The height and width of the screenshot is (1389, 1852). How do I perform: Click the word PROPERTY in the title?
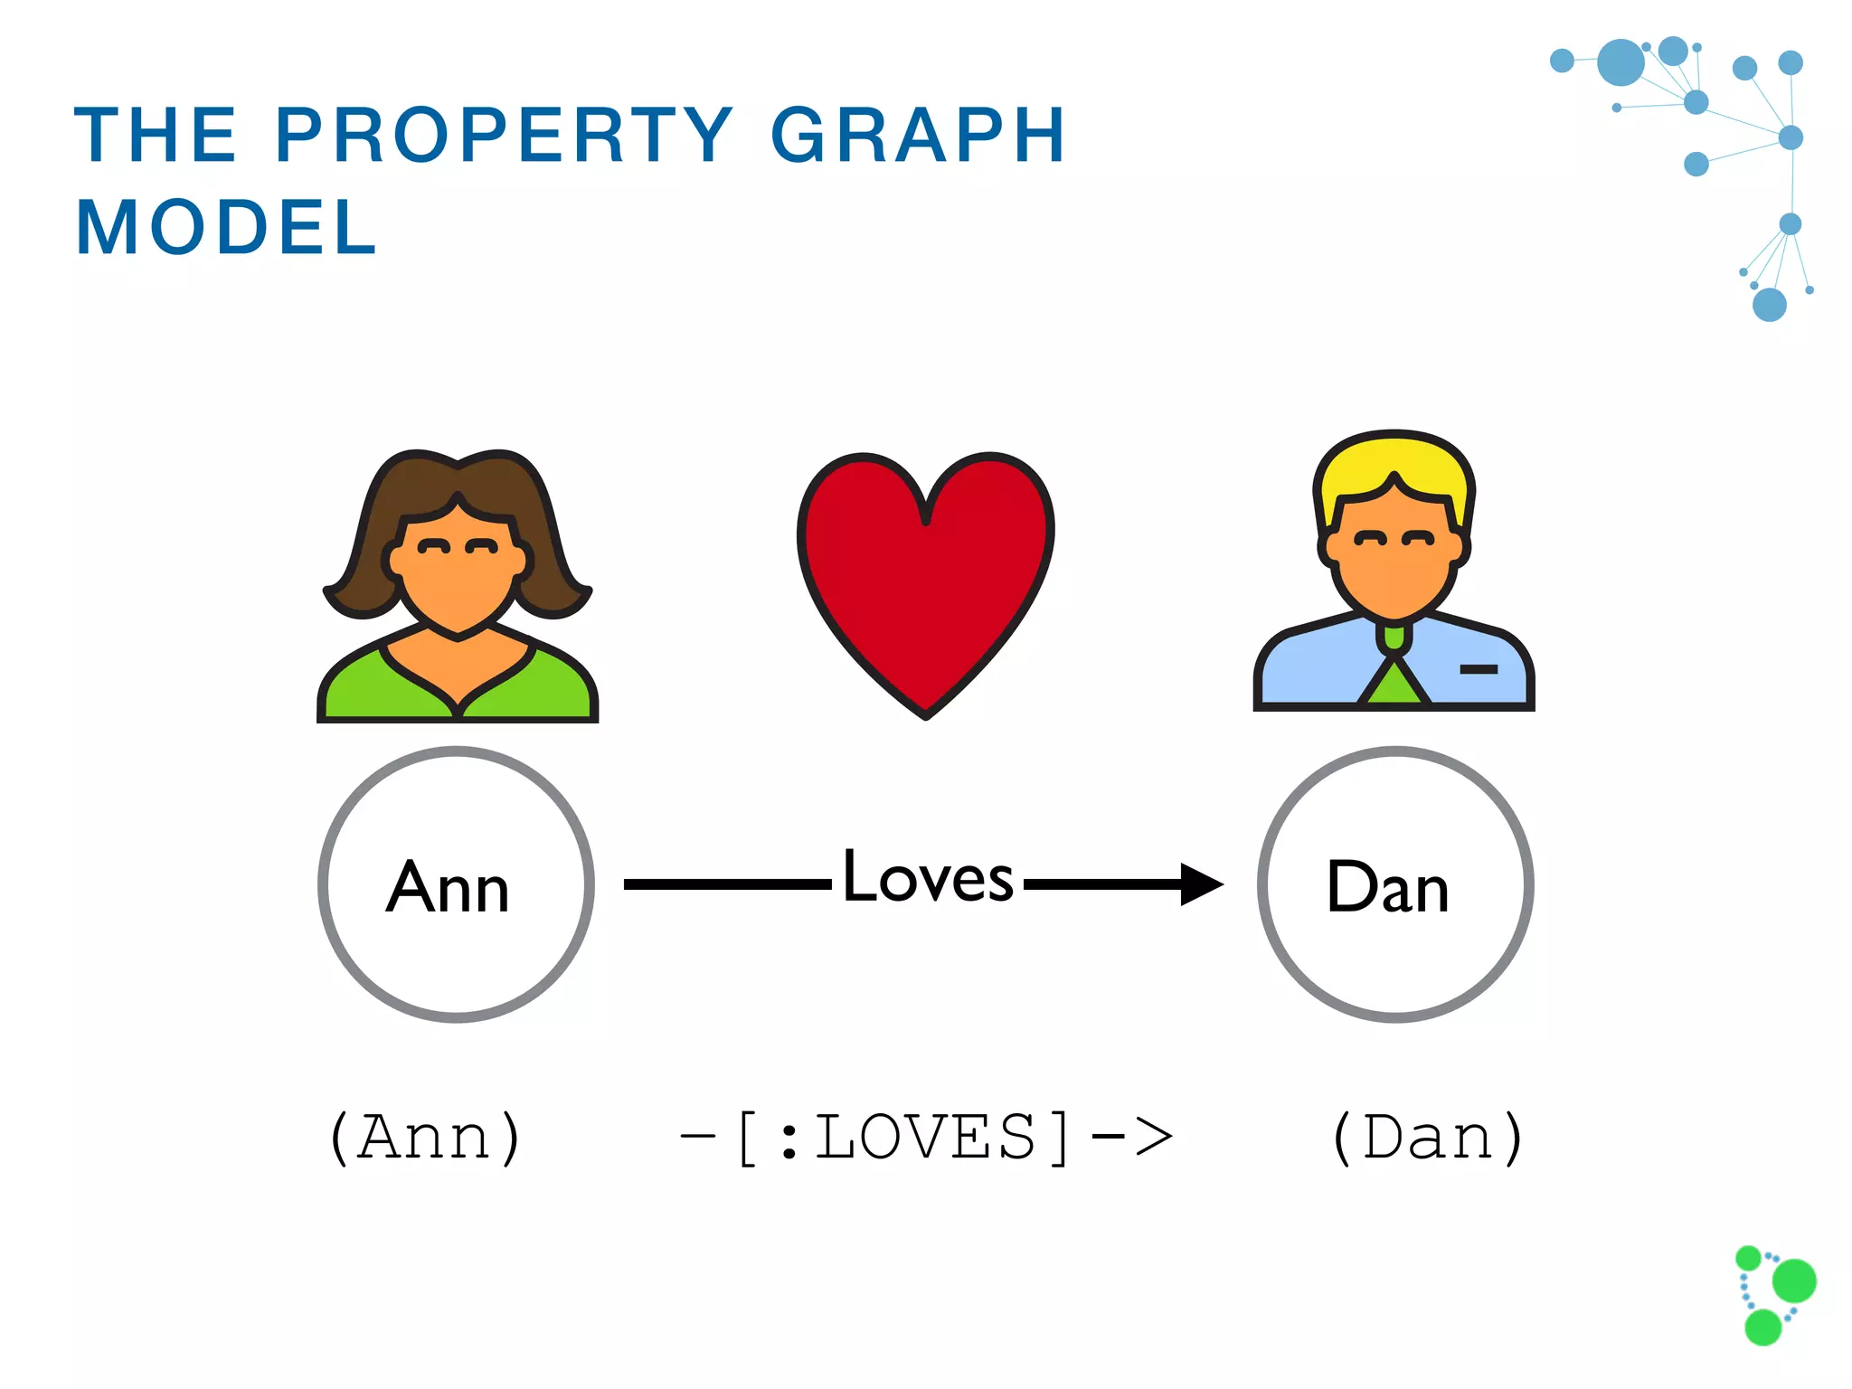(x=503, y=135)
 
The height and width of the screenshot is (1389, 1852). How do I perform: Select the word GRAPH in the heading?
(x=917, y=135)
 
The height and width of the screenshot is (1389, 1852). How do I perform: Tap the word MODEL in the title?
(x=226, y=227)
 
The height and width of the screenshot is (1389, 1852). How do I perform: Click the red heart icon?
(x=925, y=570)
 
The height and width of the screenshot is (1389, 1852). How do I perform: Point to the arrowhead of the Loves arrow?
(x=1202, y=883)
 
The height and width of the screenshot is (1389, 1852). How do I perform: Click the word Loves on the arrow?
(x=928, y=876)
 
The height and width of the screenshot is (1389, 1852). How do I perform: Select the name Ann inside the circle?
(x=449, y=887)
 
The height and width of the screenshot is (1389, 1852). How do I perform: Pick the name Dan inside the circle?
(x=1388, y=887)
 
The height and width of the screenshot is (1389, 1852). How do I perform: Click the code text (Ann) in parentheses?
(x=425, y=1137)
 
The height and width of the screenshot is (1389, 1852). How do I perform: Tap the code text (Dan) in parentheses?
(x=1429, y=1137)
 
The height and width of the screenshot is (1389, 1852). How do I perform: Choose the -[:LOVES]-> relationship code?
(x=926, y=1137)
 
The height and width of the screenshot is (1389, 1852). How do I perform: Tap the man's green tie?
(x=1394, y=683)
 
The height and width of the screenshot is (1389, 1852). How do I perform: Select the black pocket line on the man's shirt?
(x=1479, y=669)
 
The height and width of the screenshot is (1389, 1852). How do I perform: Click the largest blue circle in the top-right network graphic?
(x=1620, y=62)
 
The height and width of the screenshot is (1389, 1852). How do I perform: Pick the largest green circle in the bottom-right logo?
(x=1794, y=1280)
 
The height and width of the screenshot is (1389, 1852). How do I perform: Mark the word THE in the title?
(x=156, y=135)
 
